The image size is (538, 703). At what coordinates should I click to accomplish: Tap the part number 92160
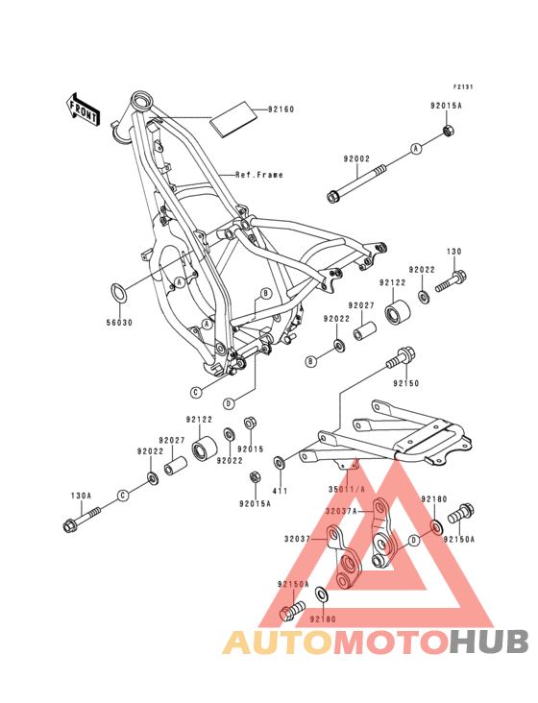click(281, 109)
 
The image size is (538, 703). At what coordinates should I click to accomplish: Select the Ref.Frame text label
click(260, 175)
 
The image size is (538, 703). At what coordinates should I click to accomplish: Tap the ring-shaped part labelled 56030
click(118, 292)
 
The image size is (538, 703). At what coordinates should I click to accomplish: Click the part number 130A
click(82, 497)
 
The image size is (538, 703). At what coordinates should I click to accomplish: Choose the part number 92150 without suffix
click(405, 382)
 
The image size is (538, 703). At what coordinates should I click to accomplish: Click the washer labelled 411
click(280, 463)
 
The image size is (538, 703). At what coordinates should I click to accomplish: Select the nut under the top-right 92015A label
click(447, 130)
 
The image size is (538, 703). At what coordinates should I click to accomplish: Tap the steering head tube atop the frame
click(141, 100)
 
